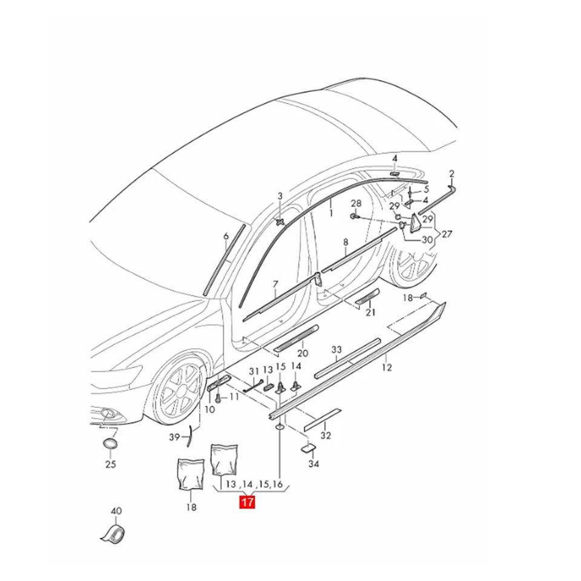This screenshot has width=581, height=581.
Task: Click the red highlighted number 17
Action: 248,502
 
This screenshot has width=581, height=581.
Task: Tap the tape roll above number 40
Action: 113,533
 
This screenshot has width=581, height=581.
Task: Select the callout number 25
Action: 110,465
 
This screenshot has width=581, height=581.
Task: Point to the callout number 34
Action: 313,464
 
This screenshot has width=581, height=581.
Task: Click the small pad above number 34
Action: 308,448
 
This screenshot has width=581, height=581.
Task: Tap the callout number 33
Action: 336,350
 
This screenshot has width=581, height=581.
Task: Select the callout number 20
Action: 303,353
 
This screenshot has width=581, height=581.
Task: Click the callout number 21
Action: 370,312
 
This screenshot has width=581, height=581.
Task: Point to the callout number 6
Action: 225,236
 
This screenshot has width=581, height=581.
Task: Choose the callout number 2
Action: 451,174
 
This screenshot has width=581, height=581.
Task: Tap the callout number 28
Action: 356,203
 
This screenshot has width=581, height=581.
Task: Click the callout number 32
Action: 326,435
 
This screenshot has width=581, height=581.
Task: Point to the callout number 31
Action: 254,370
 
